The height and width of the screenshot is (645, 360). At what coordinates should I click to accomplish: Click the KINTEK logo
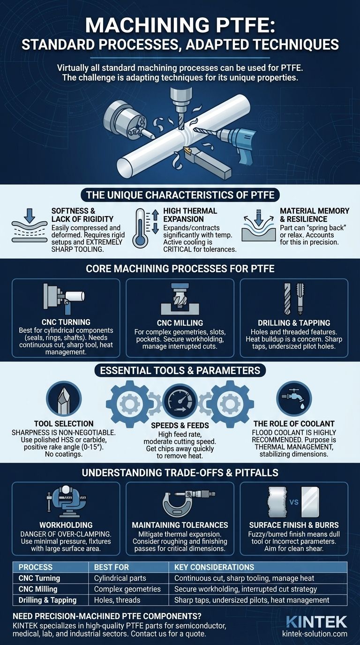click(x=316, y=622)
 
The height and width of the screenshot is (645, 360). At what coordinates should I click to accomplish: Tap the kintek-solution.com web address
click(x=315, y=633)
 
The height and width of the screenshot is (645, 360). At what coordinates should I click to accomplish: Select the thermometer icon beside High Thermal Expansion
click(x=140, y=228)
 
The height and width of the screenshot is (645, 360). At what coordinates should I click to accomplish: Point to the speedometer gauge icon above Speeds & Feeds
click(x=180, y=401)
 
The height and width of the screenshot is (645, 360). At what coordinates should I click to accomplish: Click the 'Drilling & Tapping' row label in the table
click(x=47, y=600)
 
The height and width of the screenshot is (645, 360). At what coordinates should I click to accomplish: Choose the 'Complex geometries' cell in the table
click(x=127, y=589)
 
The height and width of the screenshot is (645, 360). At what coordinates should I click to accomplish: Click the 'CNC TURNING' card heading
click(x=66, y=322)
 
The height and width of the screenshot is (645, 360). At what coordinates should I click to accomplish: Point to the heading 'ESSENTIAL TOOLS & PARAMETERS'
click(x=180, y=370)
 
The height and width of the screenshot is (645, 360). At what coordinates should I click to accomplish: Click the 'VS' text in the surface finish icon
click(x=294, y=502)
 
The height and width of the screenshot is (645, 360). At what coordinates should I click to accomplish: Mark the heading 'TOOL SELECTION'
click(x=64, y=424)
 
